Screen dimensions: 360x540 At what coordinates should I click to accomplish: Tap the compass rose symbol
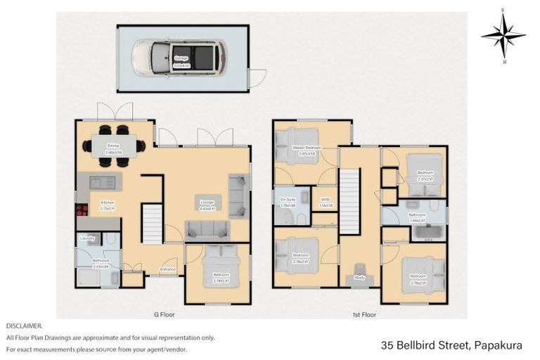(503, 34)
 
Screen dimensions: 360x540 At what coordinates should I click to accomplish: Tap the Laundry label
(87, 238)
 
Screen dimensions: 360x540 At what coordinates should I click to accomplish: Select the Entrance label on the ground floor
(167, 269)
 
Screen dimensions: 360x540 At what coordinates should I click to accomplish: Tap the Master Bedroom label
(307, 148)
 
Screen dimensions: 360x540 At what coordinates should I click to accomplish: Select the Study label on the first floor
(359, 278)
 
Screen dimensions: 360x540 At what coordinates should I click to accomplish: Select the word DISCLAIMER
(25, 326)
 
